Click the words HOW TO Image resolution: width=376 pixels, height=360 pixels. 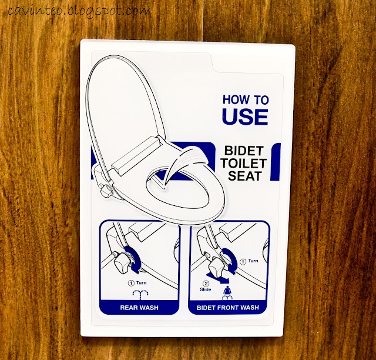click(x=246, y=99)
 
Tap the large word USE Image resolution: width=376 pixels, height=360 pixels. click(x=245, y=116)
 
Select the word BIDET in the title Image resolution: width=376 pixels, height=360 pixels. click(x=244, y=151)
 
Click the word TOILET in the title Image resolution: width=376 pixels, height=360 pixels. click(x=244, y=164)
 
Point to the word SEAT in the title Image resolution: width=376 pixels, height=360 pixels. click(x=244, y=176)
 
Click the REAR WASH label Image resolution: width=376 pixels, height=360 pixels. click(x=139, y=308)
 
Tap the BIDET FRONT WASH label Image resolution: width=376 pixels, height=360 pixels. click(x=228, y=308)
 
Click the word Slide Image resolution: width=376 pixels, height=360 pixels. click(x=206, y=289)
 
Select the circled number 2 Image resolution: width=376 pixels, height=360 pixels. click(x=206, y=284)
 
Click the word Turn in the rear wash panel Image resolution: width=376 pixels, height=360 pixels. click(x=141, y=283)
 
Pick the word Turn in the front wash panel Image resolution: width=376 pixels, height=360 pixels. click(x=253, y=261)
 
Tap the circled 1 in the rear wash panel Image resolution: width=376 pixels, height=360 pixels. click(x=131, y=283)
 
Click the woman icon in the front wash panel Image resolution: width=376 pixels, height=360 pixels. click(x=227, y=291)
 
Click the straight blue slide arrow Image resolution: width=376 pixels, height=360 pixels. click(x=218, y=278)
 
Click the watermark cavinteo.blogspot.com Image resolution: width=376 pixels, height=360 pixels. click(x=80, y=11)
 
